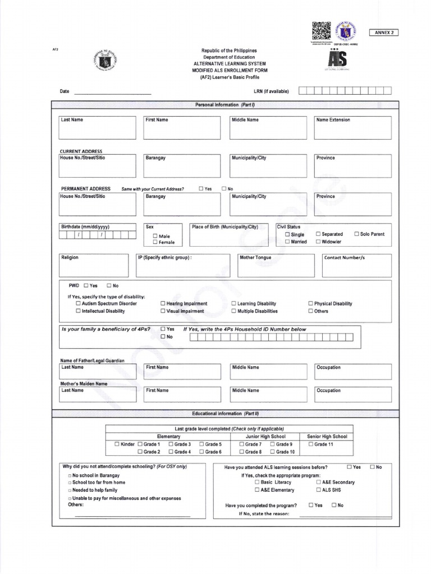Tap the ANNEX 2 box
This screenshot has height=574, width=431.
pyautogui.click(x=383, y=33)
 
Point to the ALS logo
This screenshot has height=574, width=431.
pyautogui.click(x=338, y=59)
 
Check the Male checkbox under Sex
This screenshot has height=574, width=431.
pyautogui.click(x=155, y=237)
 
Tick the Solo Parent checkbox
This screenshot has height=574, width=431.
pyautogui.click(x=356, y=234)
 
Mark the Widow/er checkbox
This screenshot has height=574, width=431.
pyautogui.click(x=318, y=242)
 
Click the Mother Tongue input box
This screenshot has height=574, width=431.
pyautogui.click(x=276, y=266)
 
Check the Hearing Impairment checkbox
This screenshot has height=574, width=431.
pyautogui.click(x=163, y=304)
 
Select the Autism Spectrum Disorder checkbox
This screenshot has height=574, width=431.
pyautogui.click(x=79, y=304)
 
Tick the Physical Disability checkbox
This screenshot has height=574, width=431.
pyautogui.click(x=310, y=304)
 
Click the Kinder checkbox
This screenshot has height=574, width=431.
pyautogui.click(x=117, y=444)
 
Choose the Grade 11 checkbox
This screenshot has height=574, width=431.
pyautogui.click(x=311, y=444)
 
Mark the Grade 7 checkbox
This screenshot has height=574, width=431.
pyautogui.click(x=242, y=444)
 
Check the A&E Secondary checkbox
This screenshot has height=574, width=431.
pyautogui.click(x=318, y=482)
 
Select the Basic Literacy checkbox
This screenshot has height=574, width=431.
pyautogui.click(x=257, y=482)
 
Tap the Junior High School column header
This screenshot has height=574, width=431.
pyautogui.click(x=265, y=436)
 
